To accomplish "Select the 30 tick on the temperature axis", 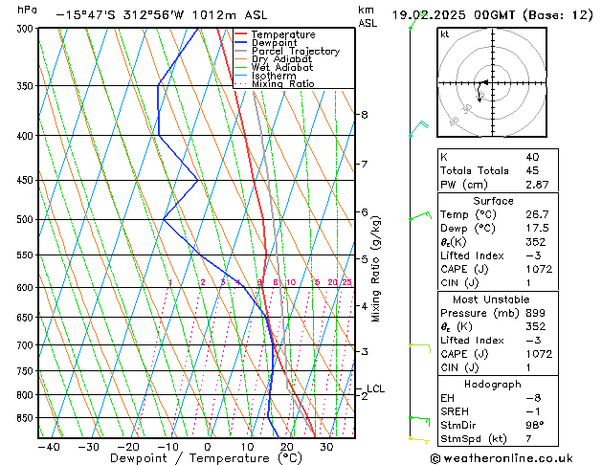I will [326, 447].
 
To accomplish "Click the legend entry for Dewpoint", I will [276, 43].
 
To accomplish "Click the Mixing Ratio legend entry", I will [282, 84].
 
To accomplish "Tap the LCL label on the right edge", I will [376, 388].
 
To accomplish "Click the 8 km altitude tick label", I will [364, 115].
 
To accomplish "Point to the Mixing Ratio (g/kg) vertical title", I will [376, 269].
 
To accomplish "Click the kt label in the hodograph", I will [445, 34].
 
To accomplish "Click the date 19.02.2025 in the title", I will [431, 15].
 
